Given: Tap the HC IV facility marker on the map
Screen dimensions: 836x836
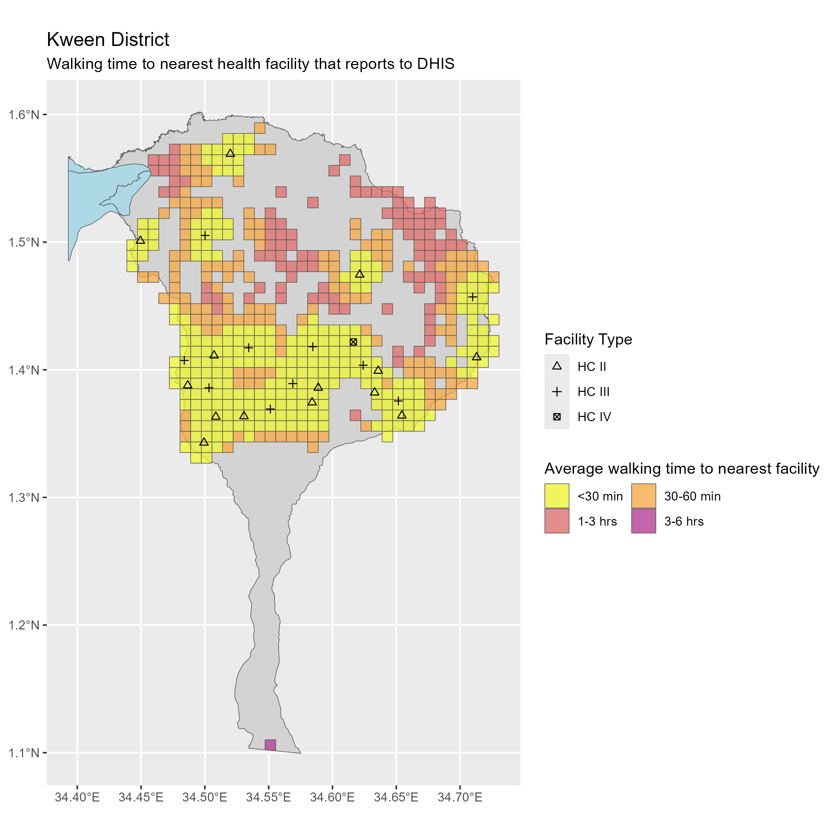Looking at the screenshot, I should pyautogui.click(x=353, y=342).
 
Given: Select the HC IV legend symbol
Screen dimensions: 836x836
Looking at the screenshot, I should pyautogui.click(x=557, y=417).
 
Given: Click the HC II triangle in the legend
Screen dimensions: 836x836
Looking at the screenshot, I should pyautogui.click(x=557, y=366).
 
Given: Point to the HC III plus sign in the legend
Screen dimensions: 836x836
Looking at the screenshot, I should pyautogui.click(x=557, y=392).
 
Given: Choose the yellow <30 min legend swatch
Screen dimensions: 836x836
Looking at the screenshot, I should pyautogui.click(x=557, y=496).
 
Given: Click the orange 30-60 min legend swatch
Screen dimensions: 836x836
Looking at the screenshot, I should pyautogui.click(x=643, y=496).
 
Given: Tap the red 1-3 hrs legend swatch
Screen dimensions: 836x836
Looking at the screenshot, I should pyautogui.click(x=557, y=521).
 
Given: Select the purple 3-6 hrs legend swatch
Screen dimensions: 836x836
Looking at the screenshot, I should pyautogui.click(x=643, y=521).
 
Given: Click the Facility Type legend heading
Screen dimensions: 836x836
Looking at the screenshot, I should pyautogui.click(x=588, y=339).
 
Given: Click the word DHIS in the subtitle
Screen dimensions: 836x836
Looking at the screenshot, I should pyautogui.click(x=436, y=64).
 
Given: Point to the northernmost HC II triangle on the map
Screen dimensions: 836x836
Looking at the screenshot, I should pyautogui.click(x=230, y=153).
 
